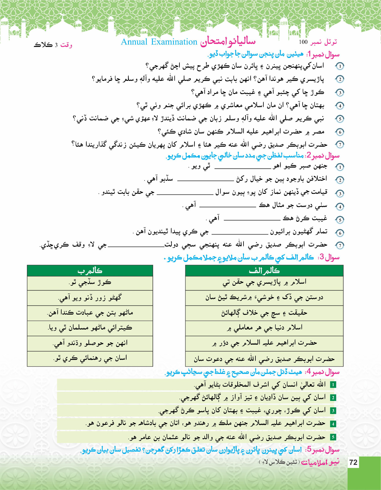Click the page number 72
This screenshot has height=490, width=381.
click(353, 462)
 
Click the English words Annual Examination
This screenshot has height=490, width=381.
click(159, 42)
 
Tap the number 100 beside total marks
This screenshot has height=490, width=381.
click(303, 42)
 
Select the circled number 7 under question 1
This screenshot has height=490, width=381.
click(340, 145)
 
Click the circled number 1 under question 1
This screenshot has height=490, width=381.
click(340, 66)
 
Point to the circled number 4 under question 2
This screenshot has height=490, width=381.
click(340, 207)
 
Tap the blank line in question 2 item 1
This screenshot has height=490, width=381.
click(243, 168)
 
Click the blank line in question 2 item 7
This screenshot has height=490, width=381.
click(136, 246)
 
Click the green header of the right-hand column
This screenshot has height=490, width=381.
click(264, 271)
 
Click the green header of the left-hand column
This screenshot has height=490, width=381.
click(90, 271)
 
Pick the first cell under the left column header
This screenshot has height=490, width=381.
click(90, 283)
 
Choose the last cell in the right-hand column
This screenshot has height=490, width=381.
click(264, 359)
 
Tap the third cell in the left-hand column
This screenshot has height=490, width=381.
click(90, 313)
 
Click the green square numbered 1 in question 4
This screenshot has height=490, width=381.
click(333, 385)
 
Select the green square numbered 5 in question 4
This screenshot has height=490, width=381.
click(333, 437)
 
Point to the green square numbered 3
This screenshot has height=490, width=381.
click(333, 411)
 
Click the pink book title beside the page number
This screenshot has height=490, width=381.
click(320, 462)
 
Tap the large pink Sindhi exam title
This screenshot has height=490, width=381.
click(228, 42)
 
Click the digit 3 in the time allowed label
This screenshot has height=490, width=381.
click(56, 45)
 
